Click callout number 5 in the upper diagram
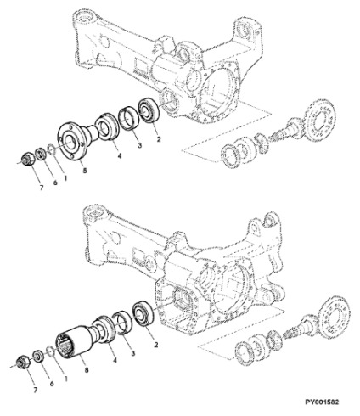pos(85,171)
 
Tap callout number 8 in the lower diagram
pos(87,369)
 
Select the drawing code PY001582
pos(322,402)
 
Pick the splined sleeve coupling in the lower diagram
pos(77,342)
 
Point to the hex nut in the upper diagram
pos(29,158)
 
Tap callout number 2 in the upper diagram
pos(158,139)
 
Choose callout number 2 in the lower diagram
pos(155,345)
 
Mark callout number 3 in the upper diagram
pos(139,145)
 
